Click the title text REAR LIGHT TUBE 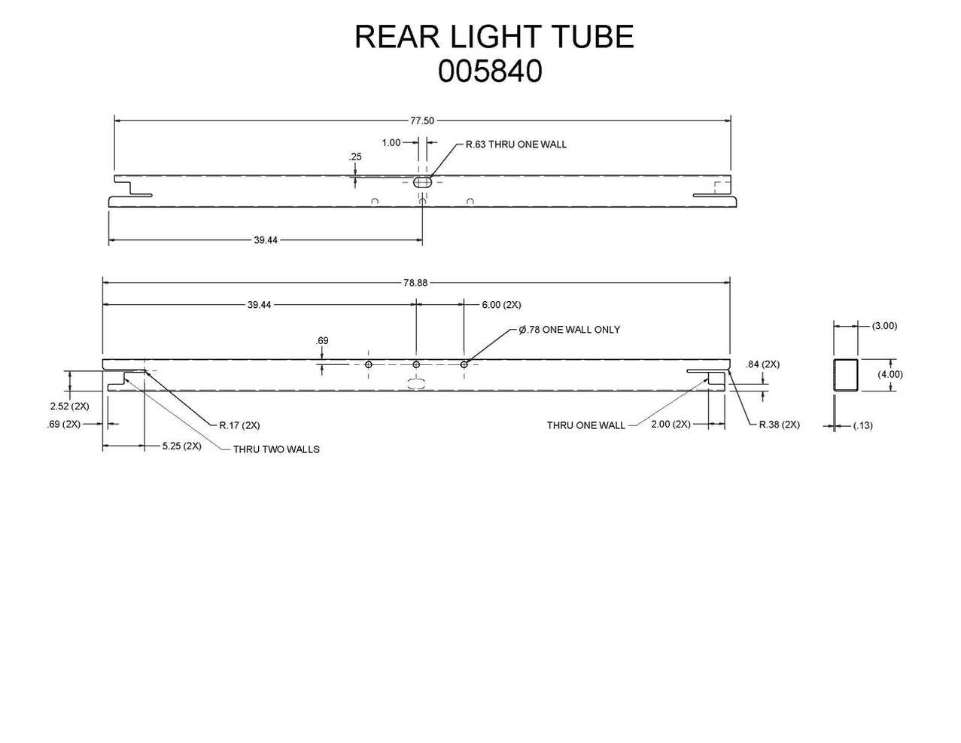494,37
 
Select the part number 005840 490,72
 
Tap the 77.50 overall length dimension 422,120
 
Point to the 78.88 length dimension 415,283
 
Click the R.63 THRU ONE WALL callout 515,144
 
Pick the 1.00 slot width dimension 391,142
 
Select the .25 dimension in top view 355,157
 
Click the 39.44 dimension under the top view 265,240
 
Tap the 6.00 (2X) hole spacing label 501,305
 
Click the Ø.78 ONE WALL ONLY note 570,330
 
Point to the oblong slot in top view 423,181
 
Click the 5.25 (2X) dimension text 181,446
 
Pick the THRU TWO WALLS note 276,449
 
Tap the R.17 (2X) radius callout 239,425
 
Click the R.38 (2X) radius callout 779,425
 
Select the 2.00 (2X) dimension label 671,425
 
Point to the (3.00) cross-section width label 884,326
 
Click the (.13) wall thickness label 862,425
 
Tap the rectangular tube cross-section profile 846,375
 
